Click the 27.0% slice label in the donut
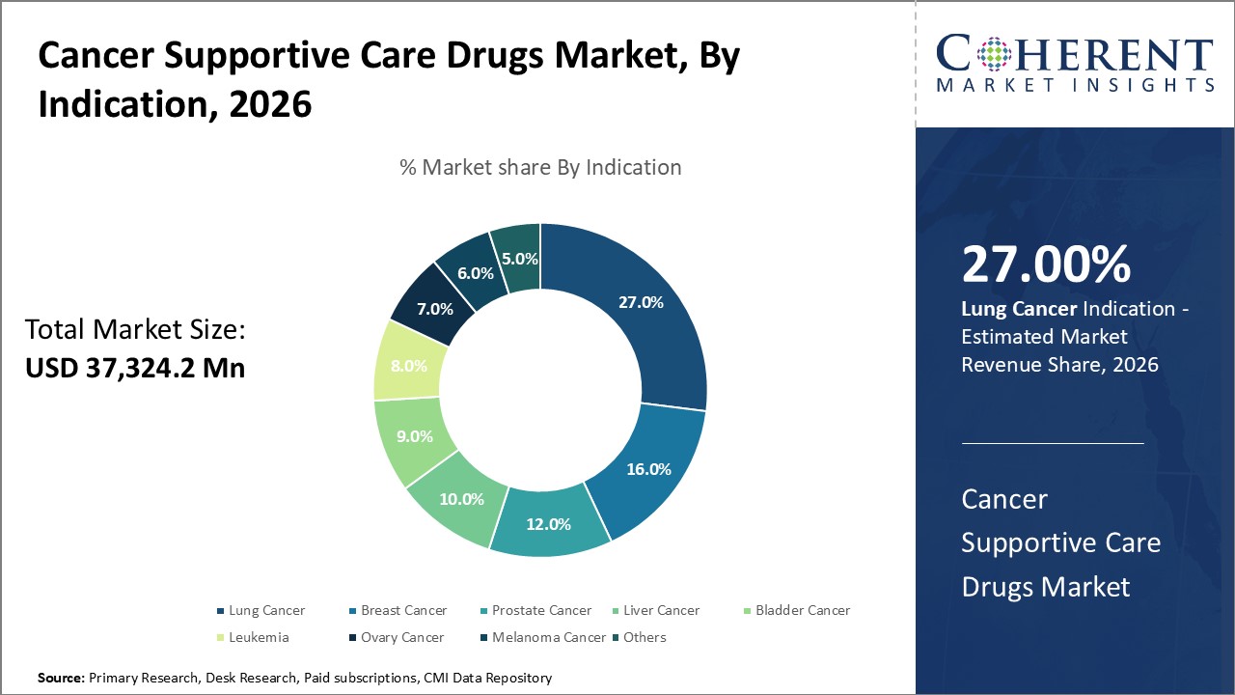[641, 302]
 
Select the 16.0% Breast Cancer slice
[648, 469]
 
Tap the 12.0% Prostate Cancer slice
[547, 524]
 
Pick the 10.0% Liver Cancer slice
[461, 499]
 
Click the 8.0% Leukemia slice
[409, 366]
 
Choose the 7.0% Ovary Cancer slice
[434, 310]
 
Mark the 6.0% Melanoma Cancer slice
[475, 273]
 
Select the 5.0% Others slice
[518, 259]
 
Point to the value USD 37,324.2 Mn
[135, 368]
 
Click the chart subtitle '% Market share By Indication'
[540, 167]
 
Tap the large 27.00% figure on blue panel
[1046, 264]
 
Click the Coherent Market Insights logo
[1075, 64]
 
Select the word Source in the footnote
[61, 679]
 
